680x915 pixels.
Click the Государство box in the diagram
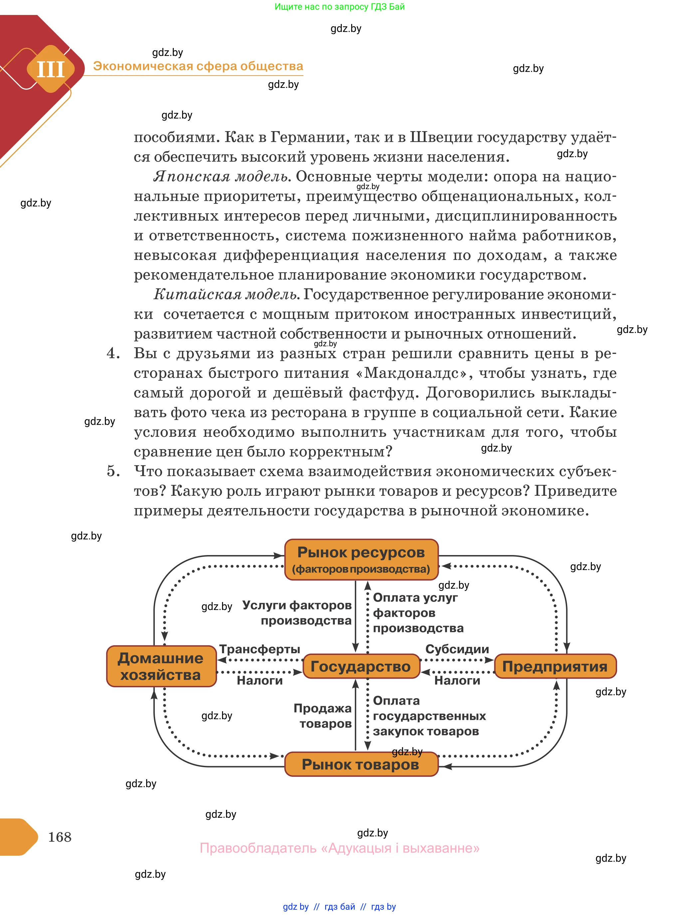coord(361,666)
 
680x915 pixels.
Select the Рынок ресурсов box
coord(361,559)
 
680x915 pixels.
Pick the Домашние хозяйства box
coord(161,666)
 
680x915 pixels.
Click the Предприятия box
coord(555,666)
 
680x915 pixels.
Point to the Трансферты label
coord(259,649)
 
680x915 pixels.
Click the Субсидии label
coord(457,649)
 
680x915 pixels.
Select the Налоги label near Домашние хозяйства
coord(259,680)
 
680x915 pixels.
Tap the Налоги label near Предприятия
coord(457,680)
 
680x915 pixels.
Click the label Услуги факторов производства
coord(297,612)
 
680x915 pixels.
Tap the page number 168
coord(60,837)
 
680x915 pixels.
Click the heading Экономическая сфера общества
coord(198,66)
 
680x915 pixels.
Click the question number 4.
coord(113,353)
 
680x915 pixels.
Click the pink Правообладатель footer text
coord(340,848)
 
